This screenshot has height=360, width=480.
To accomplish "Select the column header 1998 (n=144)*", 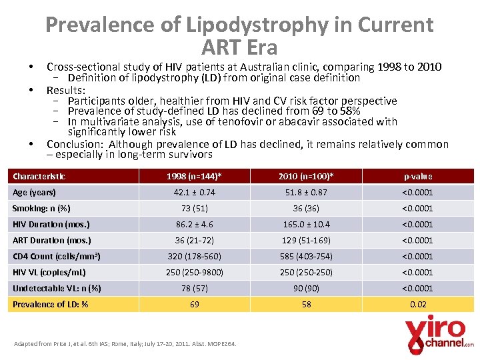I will tap(195, 176).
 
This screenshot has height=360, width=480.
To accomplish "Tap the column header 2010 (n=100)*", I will tap(306, 176).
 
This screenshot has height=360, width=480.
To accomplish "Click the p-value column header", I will tap(417, 176).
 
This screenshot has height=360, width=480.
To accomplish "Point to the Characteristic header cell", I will tap(39, 176).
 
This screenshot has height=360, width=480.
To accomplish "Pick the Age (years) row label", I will tap(35, 192).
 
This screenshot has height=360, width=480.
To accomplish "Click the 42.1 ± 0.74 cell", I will tap(195, 192).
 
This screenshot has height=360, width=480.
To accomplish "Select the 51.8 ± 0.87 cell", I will tap(306, 192).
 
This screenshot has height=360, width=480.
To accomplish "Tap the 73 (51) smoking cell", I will tap(195, 208).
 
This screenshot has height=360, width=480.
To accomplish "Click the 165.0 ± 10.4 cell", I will tap(306, 224).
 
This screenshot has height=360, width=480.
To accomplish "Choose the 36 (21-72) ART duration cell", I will tap(195, 240).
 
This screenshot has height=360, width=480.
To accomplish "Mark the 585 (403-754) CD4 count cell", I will tap(306, 256).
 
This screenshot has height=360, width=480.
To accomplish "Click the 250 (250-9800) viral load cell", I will tap(195, 272).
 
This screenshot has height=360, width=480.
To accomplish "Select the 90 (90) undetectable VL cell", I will tap(306, 288).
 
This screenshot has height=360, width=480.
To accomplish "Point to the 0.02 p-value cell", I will tap(417, 304).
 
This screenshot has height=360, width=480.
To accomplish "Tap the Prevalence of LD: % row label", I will tap(51, 304).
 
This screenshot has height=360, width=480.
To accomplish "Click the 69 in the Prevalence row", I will tap(195, 304).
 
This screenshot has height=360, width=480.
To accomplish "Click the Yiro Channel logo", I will tap(439, 333).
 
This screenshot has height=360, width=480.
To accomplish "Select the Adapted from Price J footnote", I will tap(126, 344).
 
